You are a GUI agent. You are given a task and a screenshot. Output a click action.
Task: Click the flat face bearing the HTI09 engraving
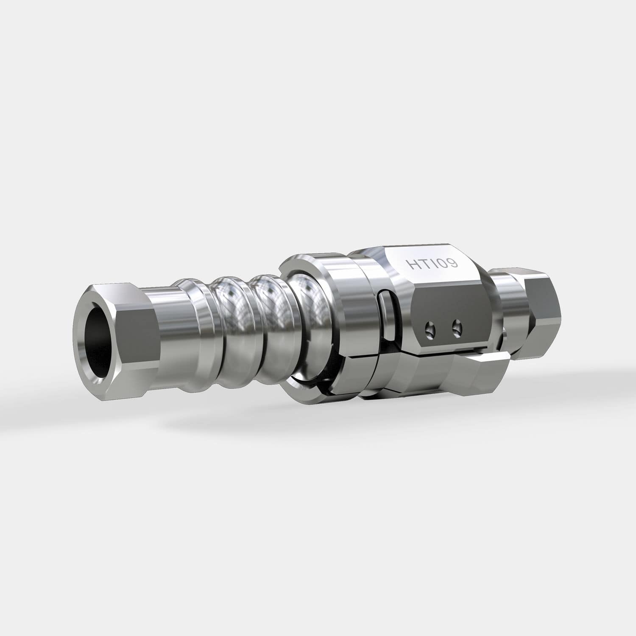432,265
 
